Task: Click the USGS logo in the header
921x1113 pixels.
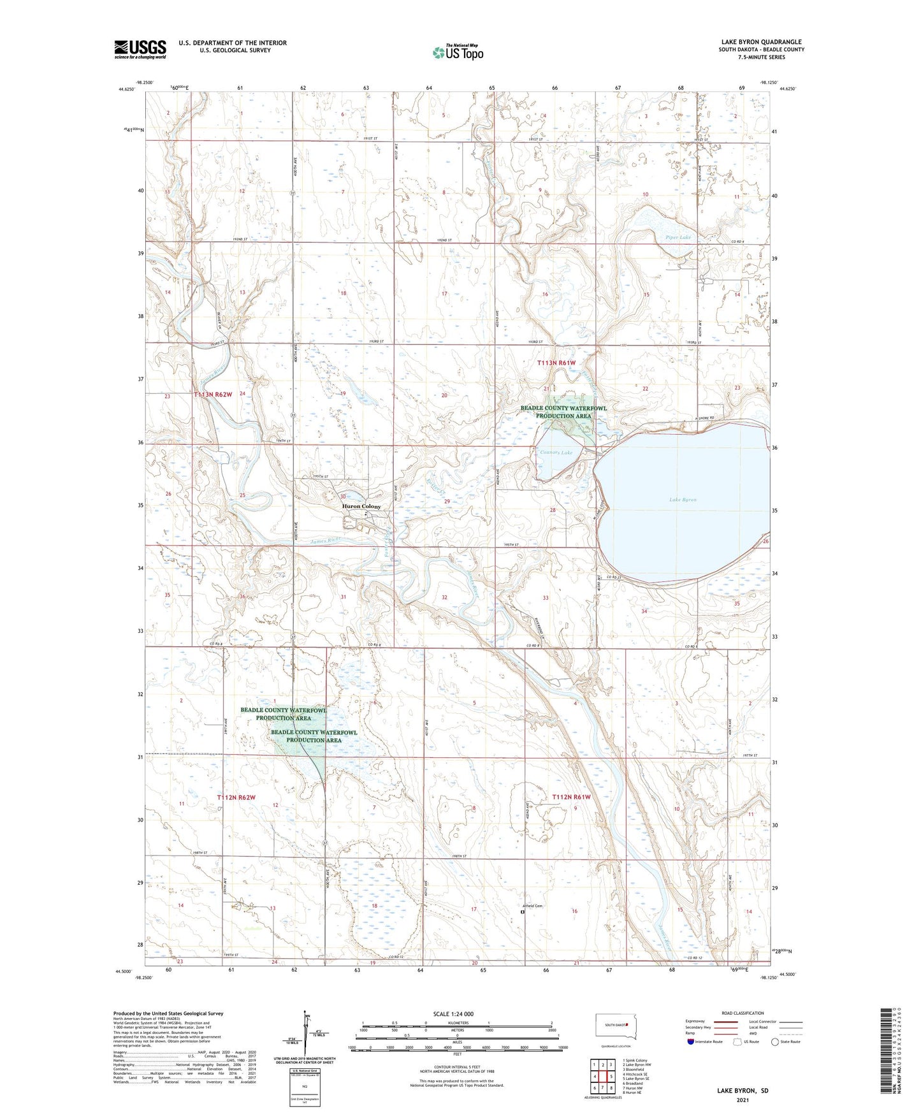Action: point(140,48)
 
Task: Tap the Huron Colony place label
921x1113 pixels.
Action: point(361,506)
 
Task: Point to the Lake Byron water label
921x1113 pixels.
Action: point(683,500)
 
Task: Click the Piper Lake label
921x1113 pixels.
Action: point(678,237)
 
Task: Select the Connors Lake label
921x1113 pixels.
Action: point(556,452)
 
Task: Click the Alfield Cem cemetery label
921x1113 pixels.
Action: point(532,906)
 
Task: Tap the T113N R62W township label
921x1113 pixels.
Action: point(213,395)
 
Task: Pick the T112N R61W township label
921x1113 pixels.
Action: point(571,797)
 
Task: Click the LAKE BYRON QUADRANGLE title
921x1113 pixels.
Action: point(761,42)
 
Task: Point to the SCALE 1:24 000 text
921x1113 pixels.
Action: point(453,1014)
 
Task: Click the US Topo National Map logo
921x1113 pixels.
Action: point(457,52)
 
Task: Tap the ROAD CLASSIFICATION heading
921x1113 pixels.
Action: point(743,1013)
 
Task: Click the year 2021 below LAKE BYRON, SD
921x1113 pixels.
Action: point(742,1100)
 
